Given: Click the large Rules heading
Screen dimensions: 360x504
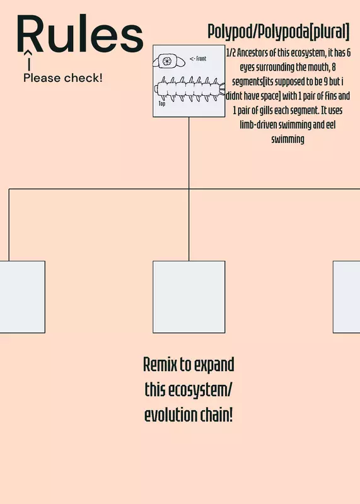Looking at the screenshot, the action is coord(80,33).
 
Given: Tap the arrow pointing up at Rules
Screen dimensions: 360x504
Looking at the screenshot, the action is coord(29,60).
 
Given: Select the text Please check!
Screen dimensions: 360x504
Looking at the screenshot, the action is coord(63,77).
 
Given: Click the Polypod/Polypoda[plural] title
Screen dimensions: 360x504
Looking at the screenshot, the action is coord(278,31).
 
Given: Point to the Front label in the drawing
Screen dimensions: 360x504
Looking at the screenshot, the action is coord(198,59).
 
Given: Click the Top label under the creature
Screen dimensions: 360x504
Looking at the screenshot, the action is coord(162,103).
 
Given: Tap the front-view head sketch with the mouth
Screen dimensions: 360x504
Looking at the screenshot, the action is coord(169,61).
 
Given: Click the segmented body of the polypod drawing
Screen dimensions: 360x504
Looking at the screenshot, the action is coord(189,89).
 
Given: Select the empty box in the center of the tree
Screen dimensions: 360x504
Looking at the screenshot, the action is coord(189,297).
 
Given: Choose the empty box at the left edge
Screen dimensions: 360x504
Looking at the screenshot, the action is coord(23,297).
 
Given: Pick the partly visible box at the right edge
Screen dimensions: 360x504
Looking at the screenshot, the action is coord(347,297).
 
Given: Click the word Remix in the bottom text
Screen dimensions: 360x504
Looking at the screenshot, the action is coord(160,365).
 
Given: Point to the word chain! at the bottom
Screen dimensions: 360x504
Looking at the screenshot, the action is coord(216,415).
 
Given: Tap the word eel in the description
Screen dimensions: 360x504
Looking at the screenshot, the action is coord(331,125).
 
